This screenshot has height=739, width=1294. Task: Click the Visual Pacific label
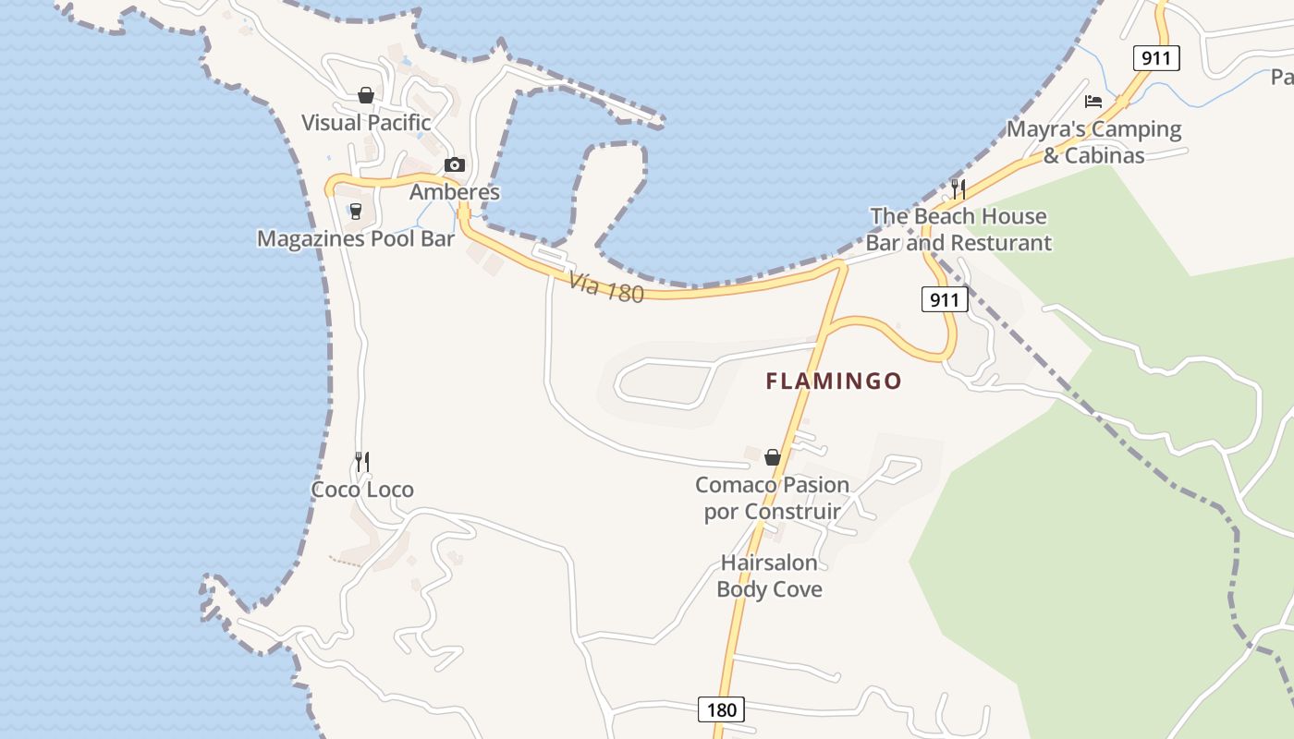point(366,123)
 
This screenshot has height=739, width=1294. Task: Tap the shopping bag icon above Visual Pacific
point(366,95)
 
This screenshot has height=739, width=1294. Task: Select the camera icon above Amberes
point(454,164)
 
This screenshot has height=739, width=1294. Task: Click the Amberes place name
point(454,192)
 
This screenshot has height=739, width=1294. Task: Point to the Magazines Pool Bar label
point(356,239)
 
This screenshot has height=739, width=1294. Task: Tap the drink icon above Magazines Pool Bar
point(355,212)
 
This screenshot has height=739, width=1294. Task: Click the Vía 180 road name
point(605,287)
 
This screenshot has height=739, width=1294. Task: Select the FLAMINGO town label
point(834,381)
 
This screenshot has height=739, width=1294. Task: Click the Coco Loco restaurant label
point(362,490)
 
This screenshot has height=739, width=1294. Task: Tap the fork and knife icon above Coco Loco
point(362,461)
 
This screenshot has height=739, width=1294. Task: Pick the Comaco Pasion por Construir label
point(772,498)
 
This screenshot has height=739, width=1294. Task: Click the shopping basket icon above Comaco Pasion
point(773,457)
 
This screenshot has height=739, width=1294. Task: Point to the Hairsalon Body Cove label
point(769,575)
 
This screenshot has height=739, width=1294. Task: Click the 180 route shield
point(721,709)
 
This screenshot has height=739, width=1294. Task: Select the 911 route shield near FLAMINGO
point(945,299)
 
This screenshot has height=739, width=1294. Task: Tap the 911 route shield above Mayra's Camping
point(1156,59)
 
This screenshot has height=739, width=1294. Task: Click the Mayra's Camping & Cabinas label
point(1094,142)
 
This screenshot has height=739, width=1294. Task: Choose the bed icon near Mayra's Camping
point(1093,101)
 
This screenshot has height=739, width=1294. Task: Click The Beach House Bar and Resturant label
point(958,229)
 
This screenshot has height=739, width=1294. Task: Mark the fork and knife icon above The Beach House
point(958,188)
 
